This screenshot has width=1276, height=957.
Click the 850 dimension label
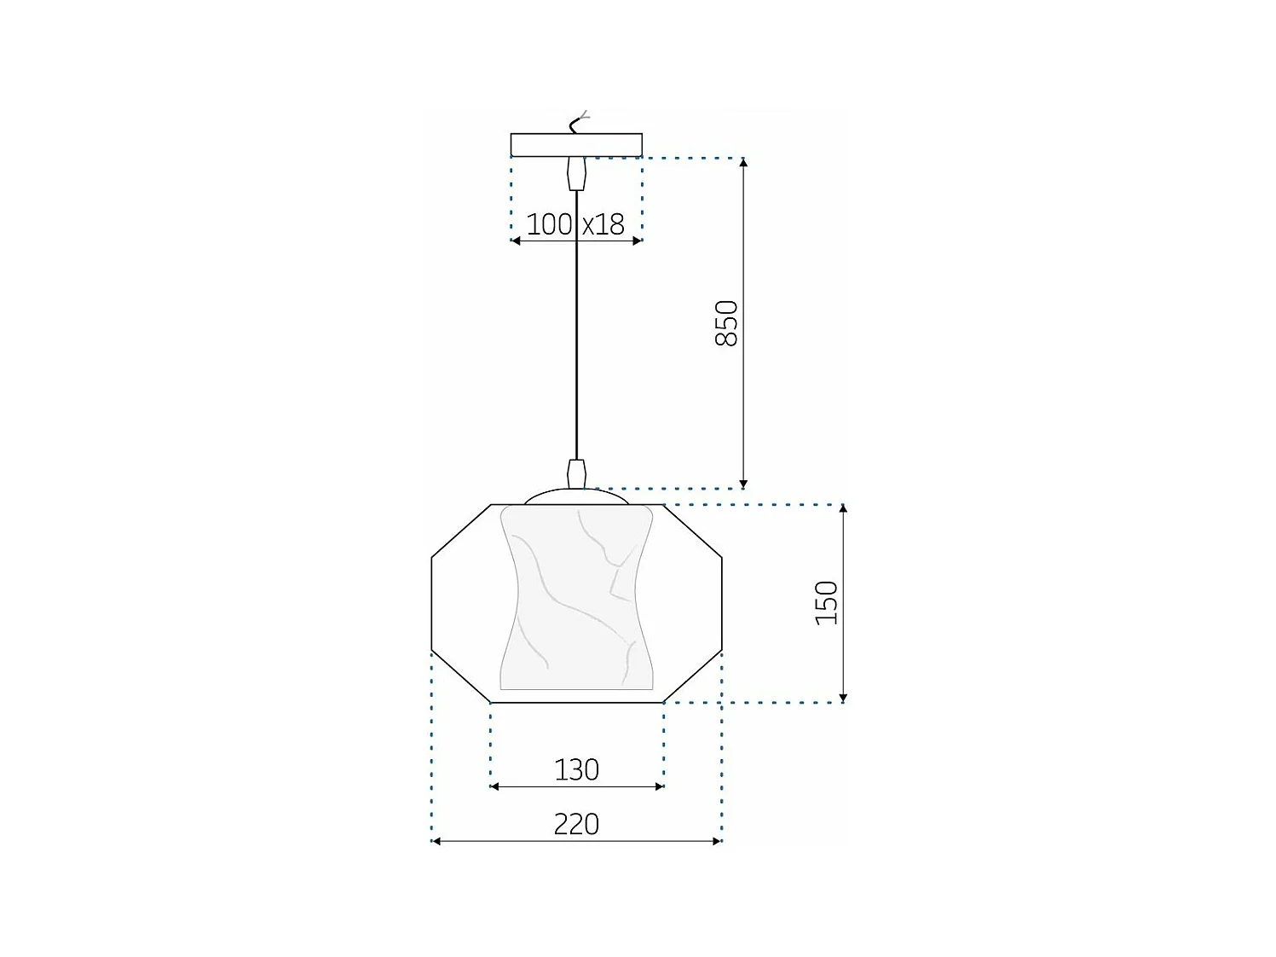726,322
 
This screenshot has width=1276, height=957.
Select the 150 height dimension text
827,602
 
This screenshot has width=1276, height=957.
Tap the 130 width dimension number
577,769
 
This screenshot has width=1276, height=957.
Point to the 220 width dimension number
577,824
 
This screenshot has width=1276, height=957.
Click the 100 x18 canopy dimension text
575,224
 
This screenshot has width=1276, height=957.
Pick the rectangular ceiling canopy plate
576,145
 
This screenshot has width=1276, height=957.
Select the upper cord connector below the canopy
577,173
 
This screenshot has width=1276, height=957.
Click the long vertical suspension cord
577,324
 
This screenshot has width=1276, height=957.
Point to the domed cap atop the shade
577,496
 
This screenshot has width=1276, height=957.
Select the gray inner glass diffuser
577,597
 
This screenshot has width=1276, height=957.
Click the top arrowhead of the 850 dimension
743,164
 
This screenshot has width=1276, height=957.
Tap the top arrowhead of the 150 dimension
843,509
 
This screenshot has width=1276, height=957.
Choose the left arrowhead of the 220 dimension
436,842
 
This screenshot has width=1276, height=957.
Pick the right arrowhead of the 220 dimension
717,842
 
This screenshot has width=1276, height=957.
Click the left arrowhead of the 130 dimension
495,786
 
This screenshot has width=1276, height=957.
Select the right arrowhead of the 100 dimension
637,241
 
